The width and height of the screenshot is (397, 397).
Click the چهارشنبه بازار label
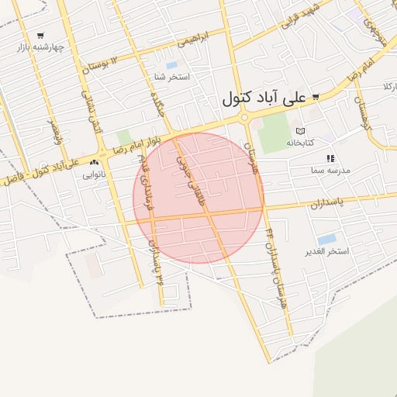click(39, 47)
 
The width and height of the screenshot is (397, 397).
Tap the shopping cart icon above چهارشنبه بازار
click(40, 35)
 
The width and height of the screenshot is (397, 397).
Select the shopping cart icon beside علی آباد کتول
click(316, 98)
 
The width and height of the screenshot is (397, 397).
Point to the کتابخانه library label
click(300, 142)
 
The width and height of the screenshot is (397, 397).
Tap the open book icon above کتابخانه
click(301, 130)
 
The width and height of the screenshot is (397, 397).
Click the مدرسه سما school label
click(331, 169)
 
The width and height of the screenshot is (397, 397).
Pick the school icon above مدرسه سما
click(330, 158)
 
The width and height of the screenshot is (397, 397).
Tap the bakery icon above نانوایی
click(95, 163)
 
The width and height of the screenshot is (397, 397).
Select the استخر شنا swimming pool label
click(172, 78)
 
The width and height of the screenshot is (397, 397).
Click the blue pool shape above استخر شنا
click(171, 65)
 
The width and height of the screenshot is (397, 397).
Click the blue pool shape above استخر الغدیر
click(327, 239)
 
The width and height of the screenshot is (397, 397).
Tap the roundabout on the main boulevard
click(245, 118)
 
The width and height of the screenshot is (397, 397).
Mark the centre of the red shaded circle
click(198, 198)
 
